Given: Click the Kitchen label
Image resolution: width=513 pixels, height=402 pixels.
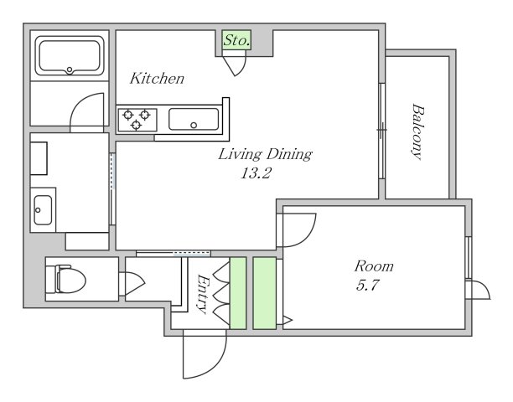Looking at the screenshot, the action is pos(157,79).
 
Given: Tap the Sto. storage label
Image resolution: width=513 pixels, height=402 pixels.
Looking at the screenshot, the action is pos(237,40).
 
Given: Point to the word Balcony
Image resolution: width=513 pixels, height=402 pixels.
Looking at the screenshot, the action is pos(417,131).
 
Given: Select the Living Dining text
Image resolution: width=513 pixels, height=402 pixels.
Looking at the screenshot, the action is pos(265,154).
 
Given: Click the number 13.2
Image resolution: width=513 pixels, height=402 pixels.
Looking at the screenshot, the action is pos(256,173).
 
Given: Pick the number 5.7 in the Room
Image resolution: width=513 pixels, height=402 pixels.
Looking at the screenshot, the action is pos(367,286).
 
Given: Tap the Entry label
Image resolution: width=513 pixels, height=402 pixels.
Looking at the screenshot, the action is pos(203,294).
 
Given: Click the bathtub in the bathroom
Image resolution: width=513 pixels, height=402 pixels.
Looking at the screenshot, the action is pos(70,56).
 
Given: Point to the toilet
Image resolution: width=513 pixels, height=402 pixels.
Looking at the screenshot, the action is pos(66,279).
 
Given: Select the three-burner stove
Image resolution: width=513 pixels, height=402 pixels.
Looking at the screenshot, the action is pos(137,120).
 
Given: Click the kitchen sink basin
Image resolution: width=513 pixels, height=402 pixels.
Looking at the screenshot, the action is pos(194,119).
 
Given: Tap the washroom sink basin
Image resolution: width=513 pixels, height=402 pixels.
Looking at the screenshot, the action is pos(43,210).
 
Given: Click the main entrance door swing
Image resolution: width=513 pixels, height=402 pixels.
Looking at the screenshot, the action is pos(205,354).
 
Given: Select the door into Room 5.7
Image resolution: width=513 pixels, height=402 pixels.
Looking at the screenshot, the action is pos(296,230).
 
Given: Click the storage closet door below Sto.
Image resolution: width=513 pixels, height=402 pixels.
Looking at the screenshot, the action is pos(234,66).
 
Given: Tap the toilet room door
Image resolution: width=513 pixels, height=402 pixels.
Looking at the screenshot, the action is pos(135,283).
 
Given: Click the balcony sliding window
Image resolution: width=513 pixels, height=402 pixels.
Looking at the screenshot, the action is pos(381,131).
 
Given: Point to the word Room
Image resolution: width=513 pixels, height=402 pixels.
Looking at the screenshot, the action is pos(374,266).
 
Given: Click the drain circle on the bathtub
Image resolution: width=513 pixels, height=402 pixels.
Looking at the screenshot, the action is pos(70,70).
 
